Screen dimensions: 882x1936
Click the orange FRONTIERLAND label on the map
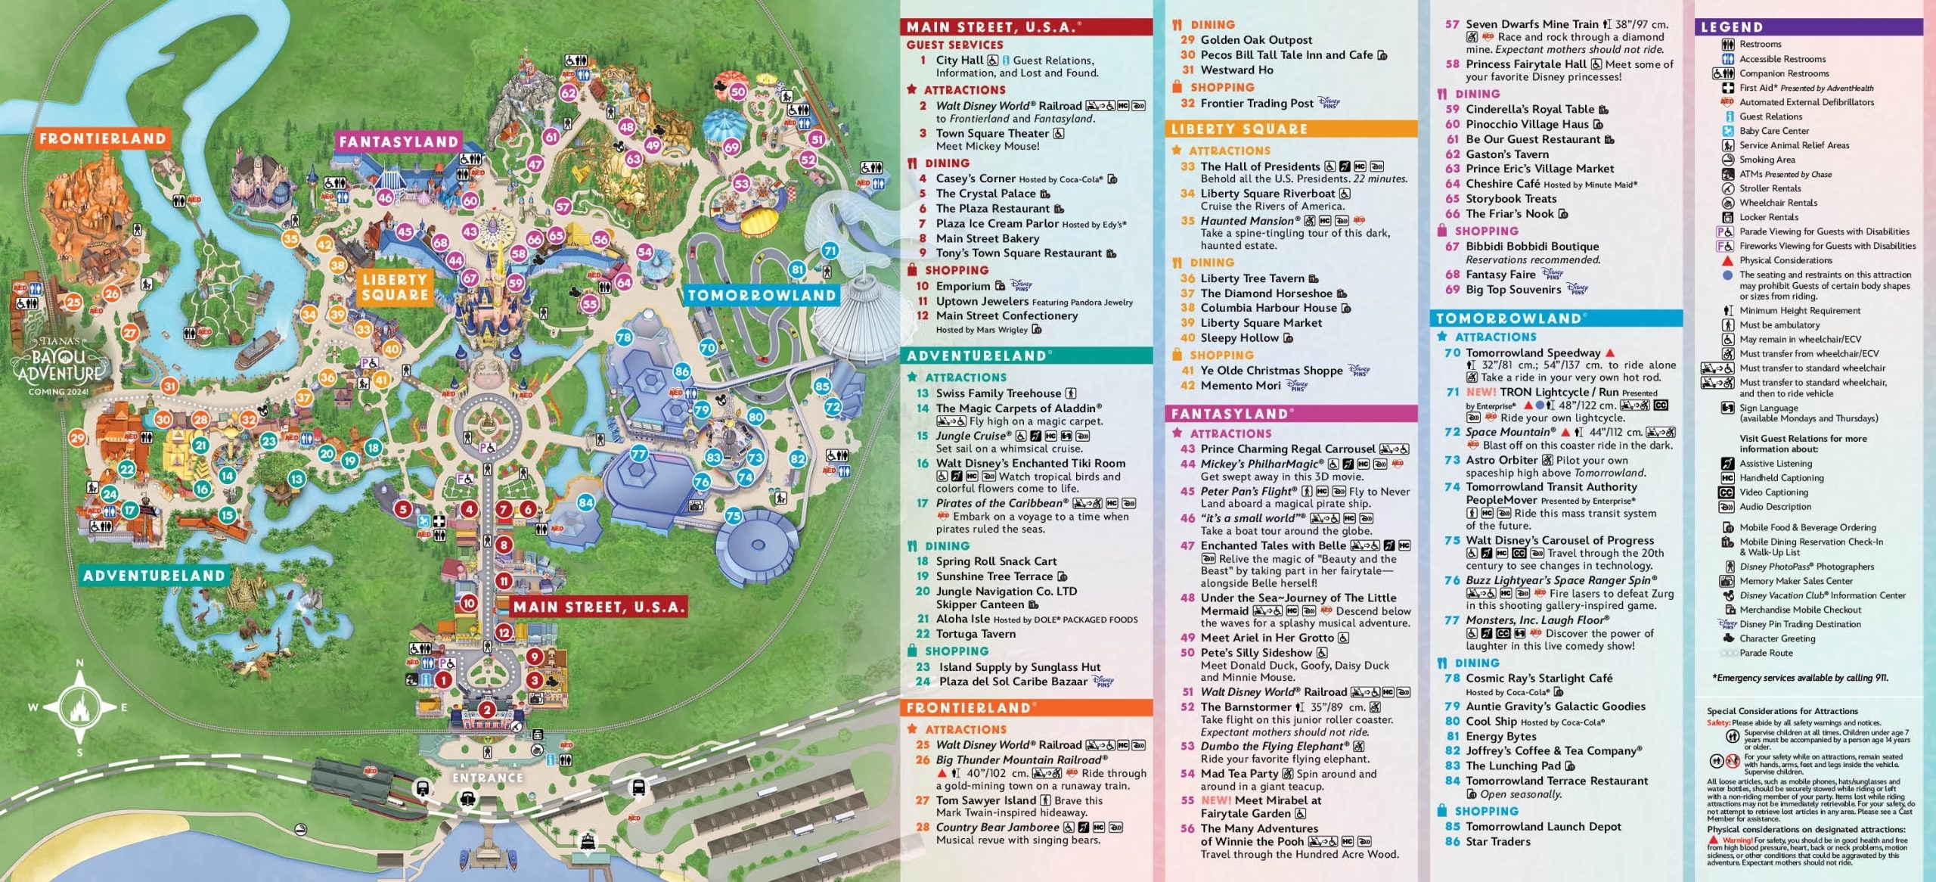(x=102, y=138)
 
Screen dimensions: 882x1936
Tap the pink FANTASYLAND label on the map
(x=399, y=141)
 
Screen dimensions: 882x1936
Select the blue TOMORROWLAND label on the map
(x=762, y=296)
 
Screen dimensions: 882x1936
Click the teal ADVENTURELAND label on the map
(x=154, y=576)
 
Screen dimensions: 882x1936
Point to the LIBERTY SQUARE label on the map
(x=395, y=287)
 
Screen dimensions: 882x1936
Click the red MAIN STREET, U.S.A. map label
(x=598, y=607)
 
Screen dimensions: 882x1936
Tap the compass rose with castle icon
(x=79, y=708)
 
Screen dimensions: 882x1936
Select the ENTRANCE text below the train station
(x=487, y=778)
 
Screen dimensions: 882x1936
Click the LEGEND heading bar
(x=1808, y=27)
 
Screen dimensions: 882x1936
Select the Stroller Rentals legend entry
(x=1770, y=188)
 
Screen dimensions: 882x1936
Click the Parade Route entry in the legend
(x=1766, y=653)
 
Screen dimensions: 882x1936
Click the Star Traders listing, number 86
(x=1497, y=841)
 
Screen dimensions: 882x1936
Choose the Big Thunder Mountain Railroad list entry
(x=1021, y=759)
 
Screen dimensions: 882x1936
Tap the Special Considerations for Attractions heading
(x=1782, y=711)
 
